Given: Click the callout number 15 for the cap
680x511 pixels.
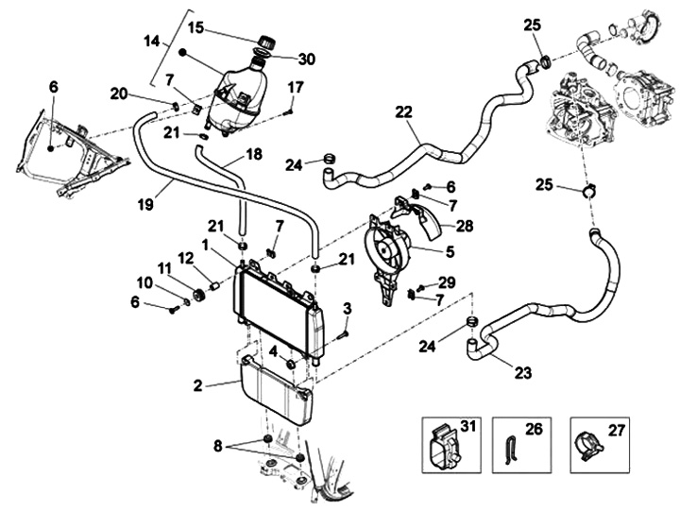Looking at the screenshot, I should point(195,28).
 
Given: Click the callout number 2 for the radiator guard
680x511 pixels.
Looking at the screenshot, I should point(197,384).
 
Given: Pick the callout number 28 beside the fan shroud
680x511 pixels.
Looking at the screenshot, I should point(464,226).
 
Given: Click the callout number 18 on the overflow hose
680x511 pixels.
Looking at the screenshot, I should point(254,153).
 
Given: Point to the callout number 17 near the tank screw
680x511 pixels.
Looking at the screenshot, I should point(295,88).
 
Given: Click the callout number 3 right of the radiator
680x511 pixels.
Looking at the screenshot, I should point(348,309).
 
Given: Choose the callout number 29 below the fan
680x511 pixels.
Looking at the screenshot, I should point(448,282).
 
